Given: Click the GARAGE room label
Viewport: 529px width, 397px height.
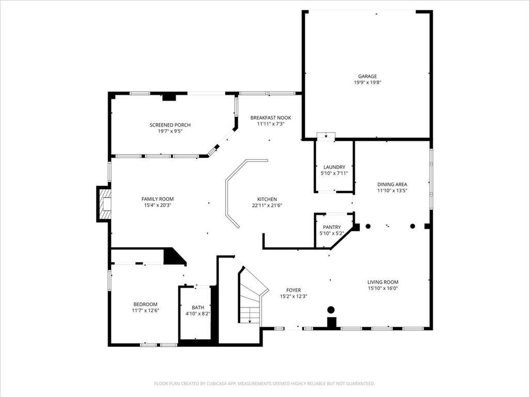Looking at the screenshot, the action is coord(367,77).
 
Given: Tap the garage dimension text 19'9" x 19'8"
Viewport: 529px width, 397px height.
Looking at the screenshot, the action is coord(367,82).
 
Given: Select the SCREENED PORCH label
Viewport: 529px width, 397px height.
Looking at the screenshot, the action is coord(170,125).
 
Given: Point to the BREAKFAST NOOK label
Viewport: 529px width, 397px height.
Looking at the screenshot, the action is coord(271,118).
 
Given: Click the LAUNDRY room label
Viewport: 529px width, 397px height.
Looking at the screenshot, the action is coord(334,167).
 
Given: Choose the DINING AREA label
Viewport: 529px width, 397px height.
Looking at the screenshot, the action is coord(392,185).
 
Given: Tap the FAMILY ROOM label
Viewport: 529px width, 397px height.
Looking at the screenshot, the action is coord(158,199).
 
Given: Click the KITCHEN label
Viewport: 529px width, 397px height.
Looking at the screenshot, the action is coord(267,200).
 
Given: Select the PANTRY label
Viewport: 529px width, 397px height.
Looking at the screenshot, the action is coord(332,227).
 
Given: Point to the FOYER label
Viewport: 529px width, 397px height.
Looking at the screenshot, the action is coord(293,291).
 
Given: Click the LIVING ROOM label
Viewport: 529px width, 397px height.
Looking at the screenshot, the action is coord(383,282).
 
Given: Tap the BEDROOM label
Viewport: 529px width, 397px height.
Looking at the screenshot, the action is coord(145,304).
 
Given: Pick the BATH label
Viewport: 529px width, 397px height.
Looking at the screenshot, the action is coord(198,308).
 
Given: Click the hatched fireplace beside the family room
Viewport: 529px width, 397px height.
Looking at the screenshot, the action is coord(105,204).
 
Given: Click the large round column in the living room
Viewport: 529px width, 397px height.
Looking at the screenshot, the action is coord(331,309).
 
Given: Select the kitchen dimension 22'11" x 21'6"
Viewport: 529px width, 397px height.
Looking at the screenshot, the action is coord(267,205).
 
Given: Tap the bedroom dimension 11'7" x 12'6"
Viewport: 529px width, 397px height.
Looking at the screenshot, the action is coord(145,310).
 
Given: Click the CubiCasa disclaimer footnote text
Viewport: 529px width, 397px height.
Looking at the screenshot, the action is coord(264,384).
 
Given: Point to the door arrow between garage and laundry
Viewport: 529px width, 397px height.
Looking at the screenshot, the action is coord(326,136).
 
